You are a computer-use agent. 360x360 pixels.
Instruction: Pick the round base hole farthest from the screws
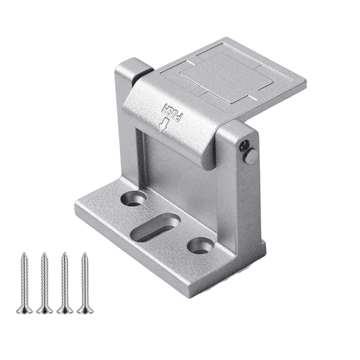pyautogui.click(x=201, y=245)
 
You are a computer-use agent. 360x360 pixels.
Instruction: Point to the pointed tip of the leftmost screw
pyautogui.click(x=24, y=254)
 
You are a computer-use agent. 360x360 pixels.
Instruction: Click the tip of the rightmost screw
pyautogui.click(x=84, y=254)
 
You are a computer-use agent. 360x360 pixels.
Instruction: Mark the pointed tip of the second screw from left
pyautogui.click(x=44, y=254)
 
